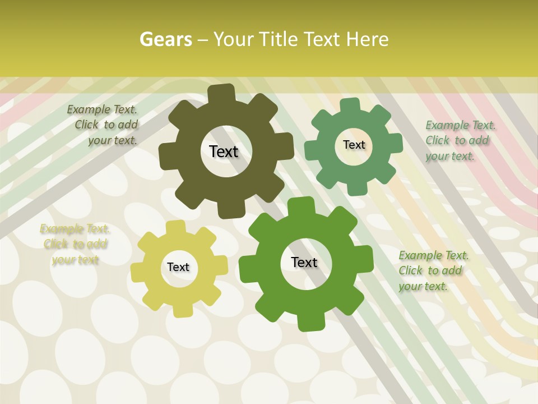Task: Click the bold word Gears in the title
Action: coord(166,39)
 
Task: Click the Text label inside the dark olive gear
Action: coord(224,151)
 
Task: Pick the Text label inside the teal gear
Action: coord(354,145)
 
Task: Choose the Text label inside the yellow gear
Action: coord(178,267)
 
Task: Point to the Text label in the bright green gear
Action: coord(304,262)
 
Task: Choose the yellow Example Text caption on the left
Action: coord(75,244)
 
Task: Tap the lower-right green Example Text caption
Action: coord(432,271)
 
